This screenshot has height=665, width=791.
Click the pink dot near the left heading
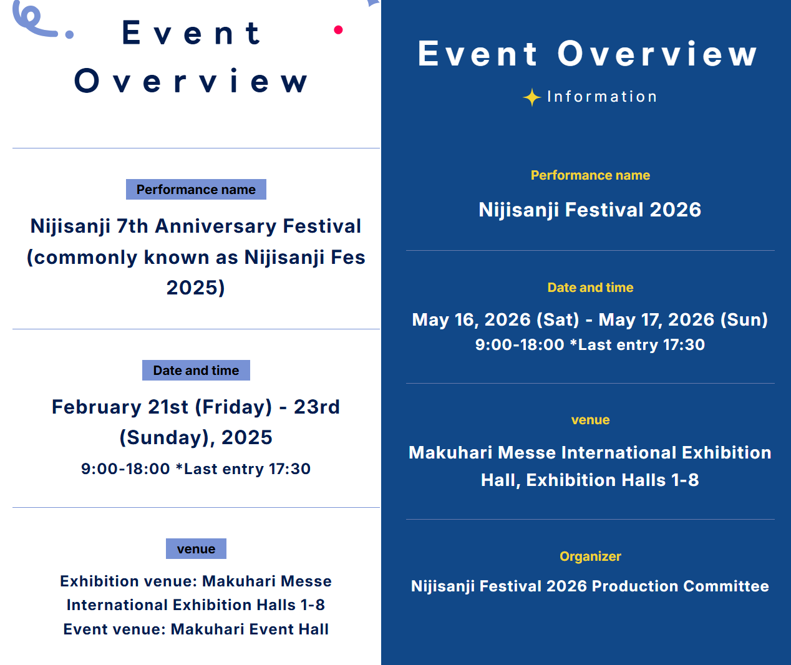[338, 30]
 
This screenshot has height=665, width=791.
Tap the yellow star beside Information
[532, 97]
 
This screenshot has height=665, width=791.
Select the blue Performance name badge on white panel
[196, 190]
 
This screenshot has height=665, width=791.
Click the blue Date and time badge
[196, 370]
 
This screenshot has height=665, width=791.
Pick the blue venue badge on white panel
[196, 549]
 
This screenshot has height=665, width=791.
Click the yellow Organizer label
[590, 556]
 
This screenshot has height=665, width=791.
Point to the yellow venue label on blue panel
[590, 420]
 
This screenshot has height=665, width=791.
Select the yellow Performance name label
[590, 175]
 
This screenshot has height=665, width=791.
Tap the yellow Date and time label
[590, 287]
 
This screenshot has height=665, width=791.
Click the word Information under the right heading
[602, 97]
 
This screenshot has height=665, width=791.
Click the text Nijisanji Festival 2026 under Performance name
[590, 210]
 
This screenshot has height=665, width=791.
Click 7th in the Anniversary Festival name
[132, 226]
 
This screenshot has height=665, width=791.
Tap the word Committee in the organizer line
[726, 586]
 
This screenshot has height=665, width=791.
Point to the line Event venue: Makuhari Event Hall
[196, 629]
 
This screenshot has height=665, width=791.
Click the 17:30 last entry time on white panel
[289, 469]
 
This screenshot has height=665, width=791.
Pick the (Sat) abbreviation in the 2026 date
[558, 320]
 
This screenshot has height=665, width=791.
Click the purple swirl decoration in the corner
[35, 20]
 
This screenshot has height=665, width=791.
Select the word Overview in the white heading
[191, 80]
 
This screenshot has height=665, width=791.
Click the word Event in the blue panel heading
[477, 54]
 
